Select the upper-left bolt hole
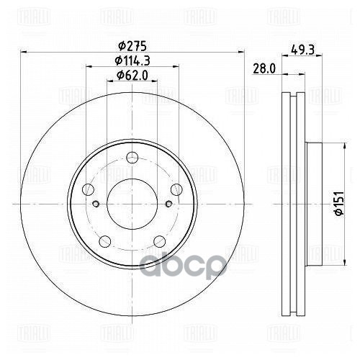point(89,189)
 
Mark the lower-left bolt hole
point(105,240)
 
